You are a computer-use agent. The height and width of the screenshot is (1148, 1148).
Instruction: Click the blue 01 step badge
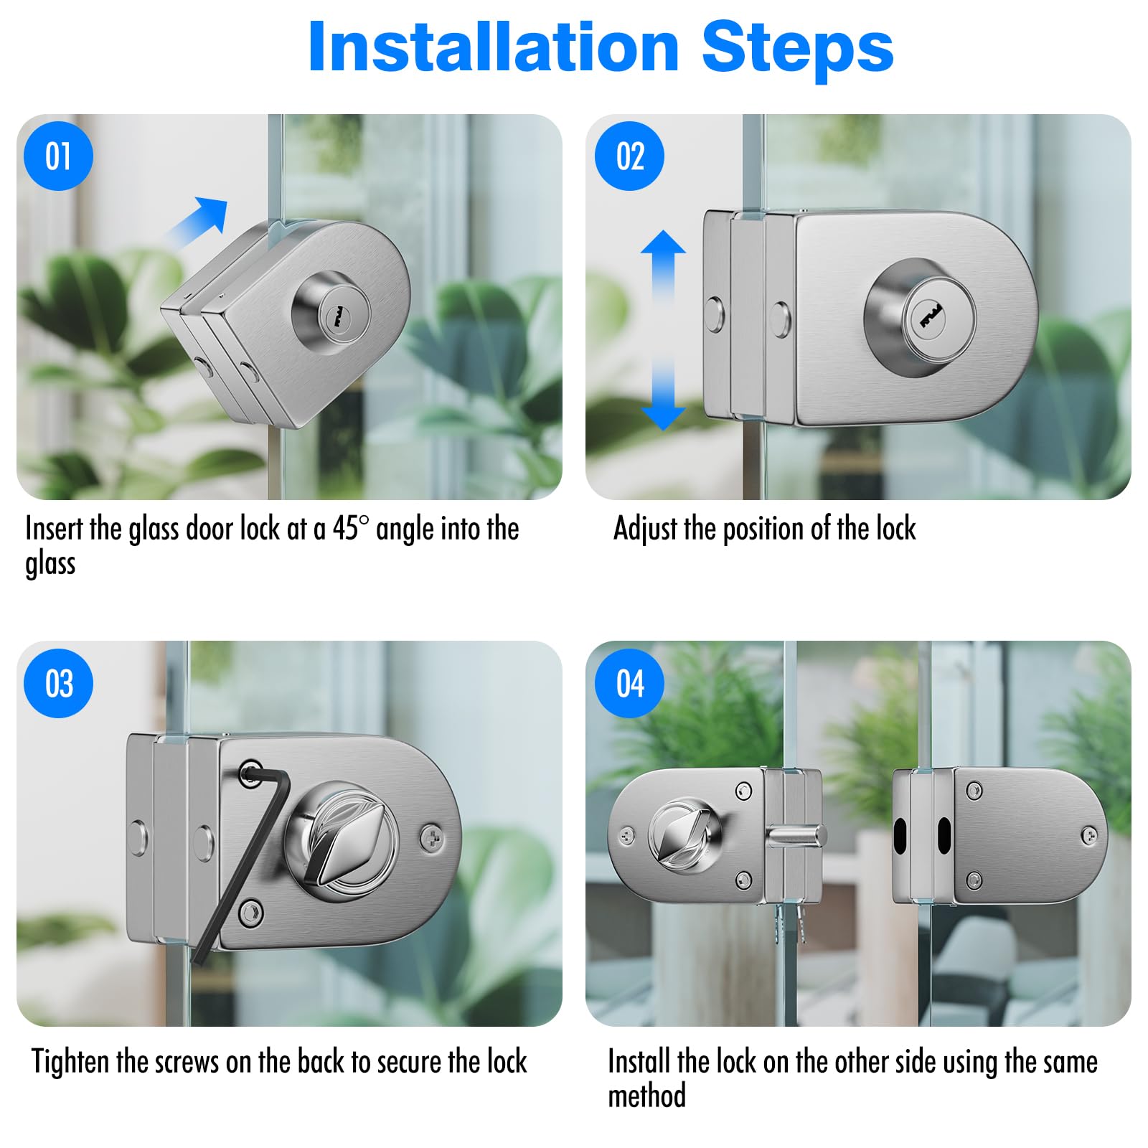58,156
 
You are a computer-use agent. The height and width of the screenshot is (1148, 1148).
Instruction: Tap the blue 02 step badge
629,156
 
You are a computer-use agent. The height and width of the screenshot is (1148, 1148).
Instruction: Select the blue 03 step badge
58,683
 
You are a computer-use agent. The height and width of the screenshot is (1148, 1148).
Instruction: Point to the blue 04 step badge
629,683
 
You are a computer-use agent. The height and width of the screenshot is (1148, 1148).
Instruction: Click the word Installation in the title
494,47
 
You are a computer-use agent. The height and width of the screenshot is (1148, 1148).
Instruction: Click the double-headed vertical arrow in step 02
663,330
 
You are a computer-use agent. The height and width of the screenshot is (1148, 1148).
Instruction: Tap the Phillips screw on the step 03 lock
431,836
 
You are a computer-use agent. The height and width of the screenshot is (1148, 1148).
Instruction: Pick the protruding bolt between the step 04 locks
796,835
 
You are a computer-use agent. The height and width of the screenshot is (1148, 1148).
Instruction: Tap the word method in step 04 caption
646,1096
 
